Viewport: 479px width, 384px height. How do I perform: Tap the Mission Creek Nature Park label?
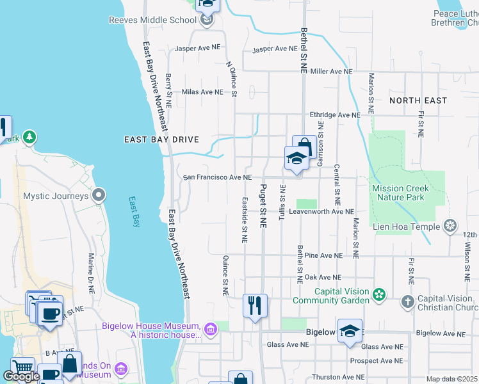(401, 193)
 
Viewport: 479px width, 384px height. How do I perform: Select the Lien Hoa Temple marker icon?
(451, 226)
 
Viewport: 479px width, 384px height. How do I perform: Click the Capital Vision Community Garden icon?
(380, 295)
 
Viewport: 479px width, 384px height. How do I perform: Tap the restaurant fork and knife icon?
(255, 305)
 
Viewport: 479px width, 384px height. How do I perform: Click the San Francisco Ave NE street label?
(217, 177)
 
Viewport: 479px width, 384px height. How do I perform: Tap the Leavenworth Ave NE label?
(321, 211)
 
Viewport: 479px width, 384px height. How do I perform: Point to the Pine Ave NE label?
(327, 255)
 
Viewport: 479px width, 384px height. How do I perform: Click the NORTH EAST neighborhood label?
(418, 100)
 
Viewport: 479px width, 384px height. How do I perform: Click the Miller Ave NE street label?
(331, 72)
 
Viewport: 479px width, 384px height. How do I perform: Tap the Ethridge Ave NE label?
(335, 115)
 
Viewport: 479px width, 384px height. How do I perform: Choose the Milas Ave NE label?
(202, 92)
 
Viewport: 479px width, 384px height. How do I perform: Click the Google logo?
(21, 376)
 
